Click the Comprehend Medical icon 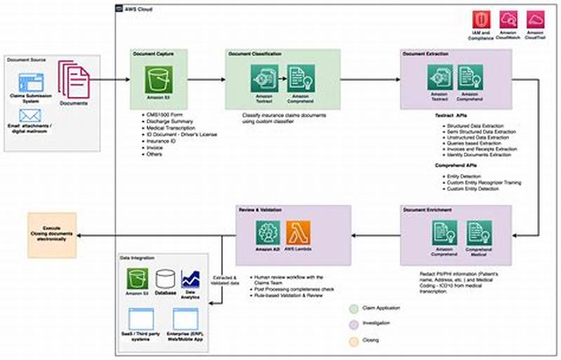pos(480,232)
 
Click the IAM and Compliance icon pos(481,19)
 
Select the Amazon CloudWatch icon pos(508,19)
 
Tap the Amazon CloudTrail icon pos(536,19)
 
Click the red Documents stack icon pos(73,79)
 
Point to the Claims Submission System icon pos(30,81)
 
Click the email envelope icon pos(30,115)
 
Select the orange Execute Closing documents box pos(53,233)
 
